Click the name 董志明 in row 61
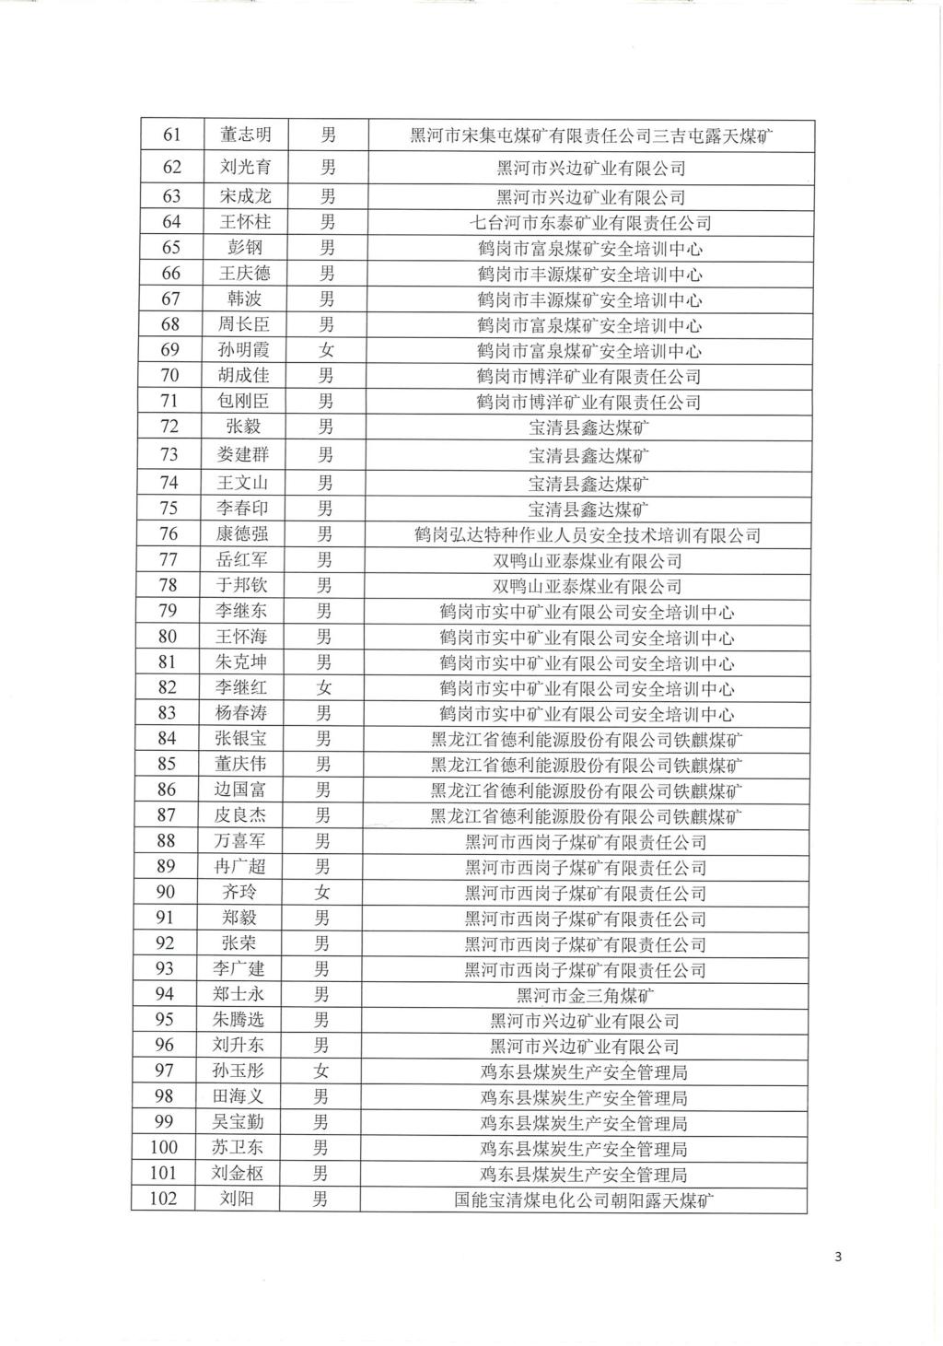pyautogui.click(x=246, y=135)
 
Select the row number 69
pyautogui.click(x=170, y=350)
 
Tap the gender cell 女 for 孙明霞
pyautogui.click(x=327, y=350)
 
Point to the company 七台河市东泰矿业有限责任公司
pyautogui.click(x=589, y=222)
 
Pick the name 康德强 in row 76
pyautogui.click(x=242, y=534)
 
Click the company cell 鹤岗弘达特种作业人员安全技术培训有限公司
pyautogui.click(x=588, y=535)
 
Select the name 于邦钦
pyautogui.click(x=242, y=585)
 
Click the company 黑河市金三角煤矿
pyautogui.click(x=587, y=995)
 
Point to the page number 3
pyautogui.click(x=837, y=1257)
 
